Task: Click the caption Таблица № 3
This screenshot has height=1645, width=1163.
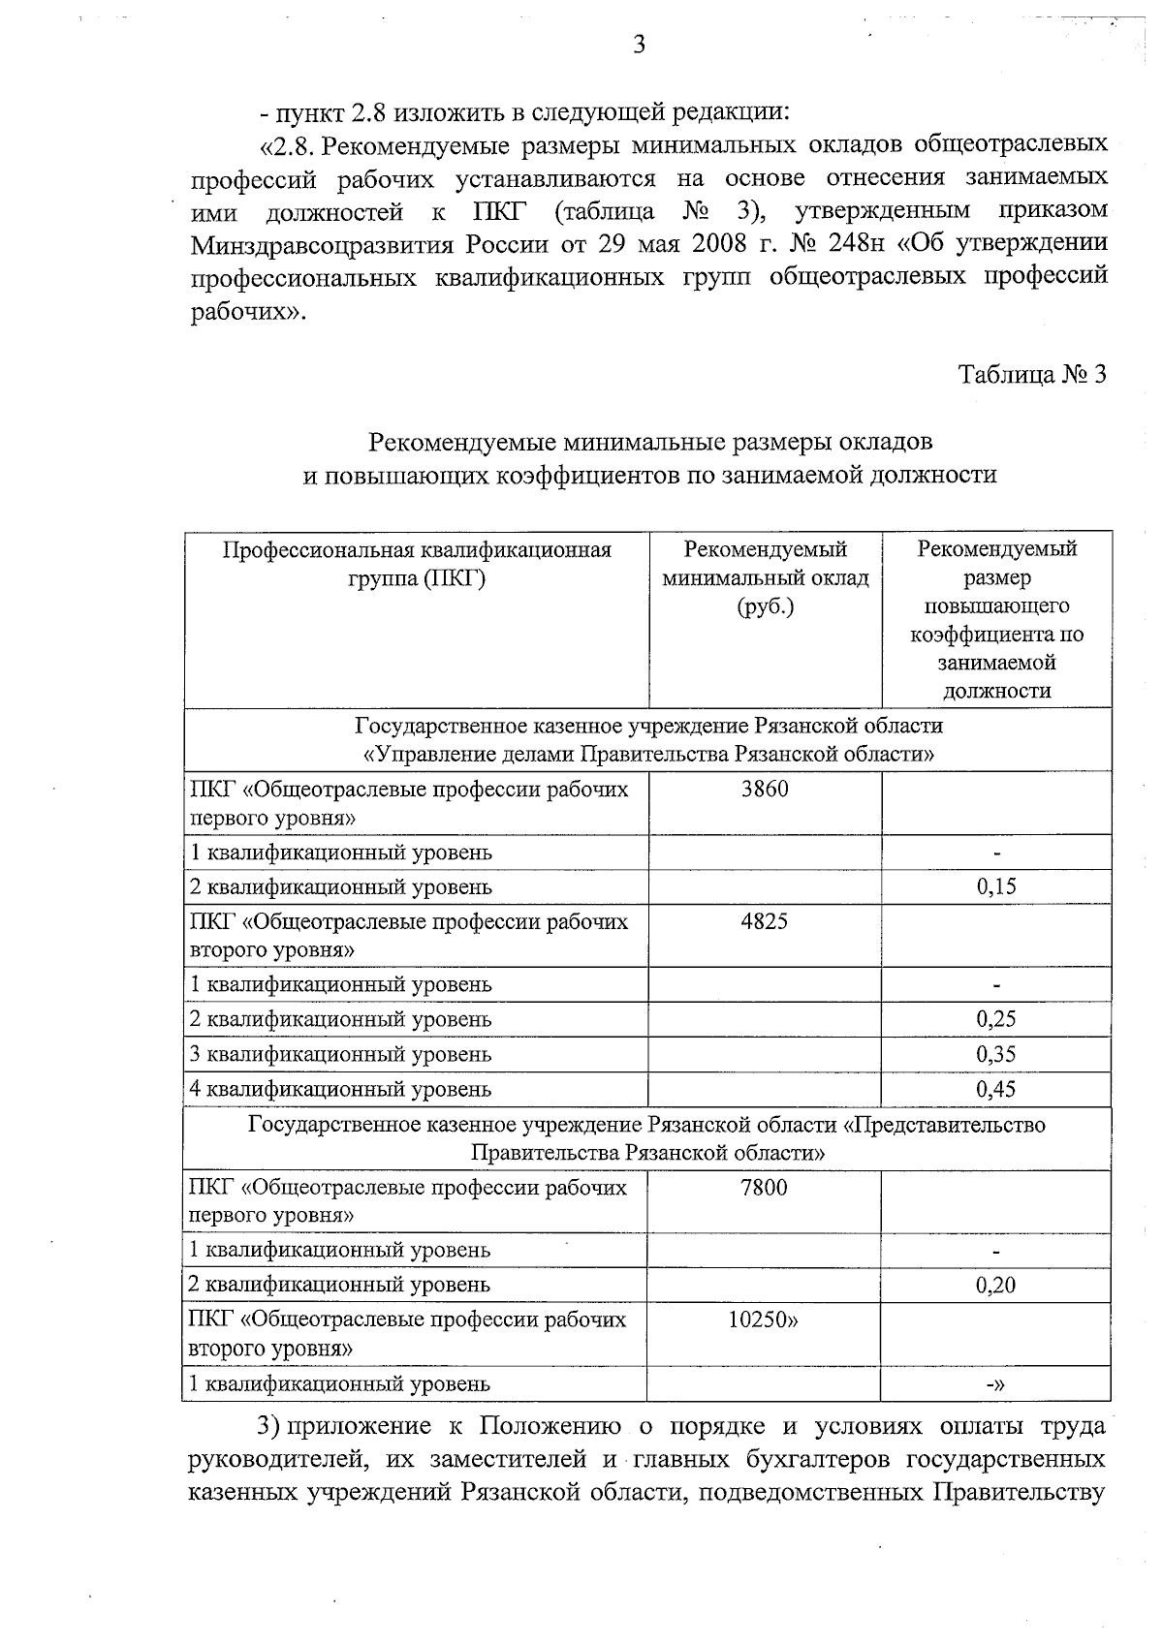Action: (x=1031, y=375)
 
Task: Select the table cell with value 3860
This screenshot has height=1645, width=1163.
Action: (x=765, y=790)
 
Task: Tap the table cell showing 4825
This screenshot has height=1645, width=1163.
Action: (x=765, y=921)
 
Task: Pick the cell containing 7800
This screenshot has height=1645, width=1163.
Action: (x=764, y=1188)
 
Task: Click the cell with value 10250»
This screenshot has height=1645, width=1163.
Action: (x=764, y=1319)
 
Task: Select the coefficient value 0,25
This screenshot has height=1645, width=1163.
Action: (x=996, y=1019)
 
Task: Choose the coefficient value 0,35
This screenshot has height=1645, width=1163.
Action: (x=996, y=1054)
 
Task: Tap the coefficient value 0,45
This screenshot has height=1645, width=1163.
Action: (x=996, y=1089)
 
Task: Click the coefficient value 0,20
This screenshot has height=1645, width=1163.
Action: (x=996, y=1285)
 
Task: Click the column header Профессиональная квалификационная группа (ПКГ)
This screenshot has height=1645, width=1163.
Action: (x=417, y=565)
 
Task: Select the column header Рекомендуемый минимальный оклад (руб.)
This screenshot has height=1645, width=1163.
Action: (x=765, y=578)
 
